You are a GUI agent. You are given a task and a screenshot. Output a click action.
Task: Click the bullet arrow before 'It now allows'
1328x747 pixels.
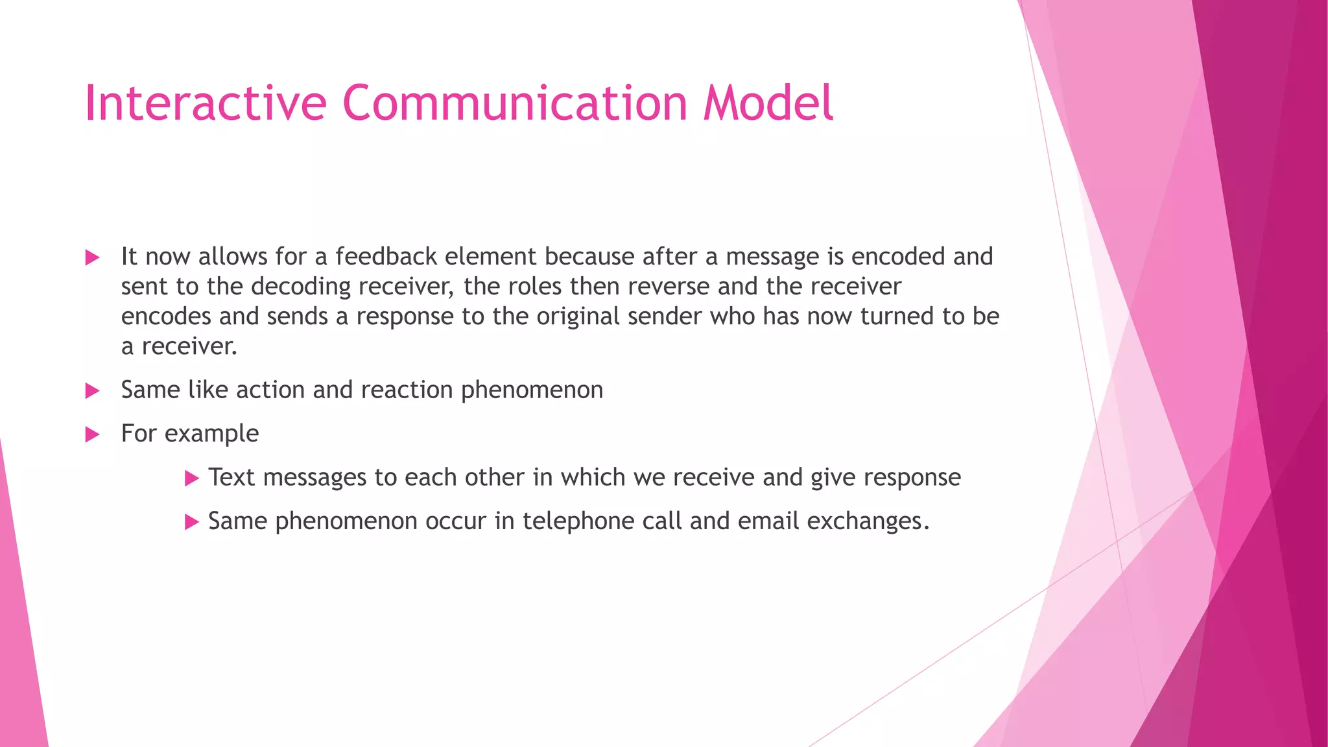point(92,258)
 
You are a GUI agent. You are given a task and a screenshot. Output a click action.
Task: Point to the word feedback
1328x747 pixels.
point(386,257)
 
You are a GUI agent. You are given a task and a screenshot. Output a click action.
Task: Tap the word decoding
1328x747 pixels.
point(301,287)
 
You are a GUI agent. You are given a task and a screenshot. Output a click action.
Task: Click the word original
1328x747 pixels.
point(578,316)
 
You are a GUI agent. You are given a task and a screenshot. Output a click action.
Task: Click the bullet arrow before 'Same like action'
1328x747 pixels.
point(92,391)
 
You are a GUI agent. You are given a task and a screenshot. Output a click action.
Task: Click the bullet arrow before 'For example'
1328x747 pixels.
point(92,434)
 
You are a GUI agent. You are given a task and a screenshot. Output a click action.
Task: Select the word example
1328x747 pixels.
point(211,434)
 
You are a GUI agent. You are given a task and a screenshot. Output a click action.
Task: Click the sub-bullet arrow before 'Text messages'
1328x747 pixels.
point(191,479)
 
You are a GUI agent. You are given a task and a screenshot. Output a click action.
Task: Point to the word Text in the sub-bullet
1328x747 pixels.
point(231,477)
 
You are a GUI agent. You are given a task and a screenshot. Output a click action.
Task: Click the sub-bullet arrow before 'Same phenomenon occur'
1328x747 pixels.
point(191,522)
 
